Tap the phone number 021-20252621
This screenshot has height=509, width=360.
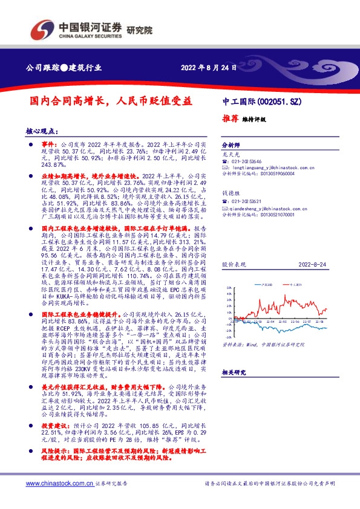tap(249, 201)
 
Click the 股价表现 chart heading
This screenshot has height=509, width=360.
tap(232, 265)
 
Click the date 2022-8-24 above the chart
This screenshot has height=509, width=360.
tap(312, 265)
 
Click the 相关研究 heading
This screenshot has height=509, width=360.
tap(233, 373)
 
